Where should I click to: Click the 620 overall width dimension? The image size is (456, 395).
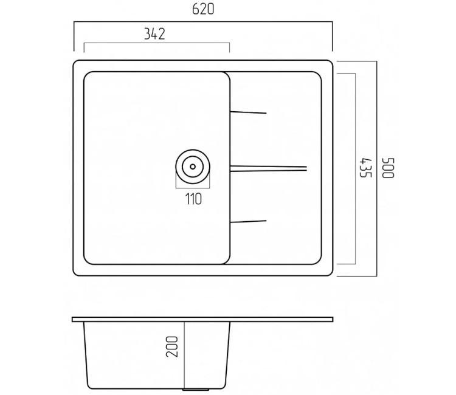[x=203, y=9]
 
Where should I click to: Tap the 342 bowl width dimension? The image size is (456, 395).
[x=154, y=34]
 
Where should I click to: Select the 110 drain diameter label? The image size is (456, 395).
[x=193, y=199]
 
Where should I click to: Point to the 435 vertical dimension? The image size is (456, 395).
[x=365, y=168]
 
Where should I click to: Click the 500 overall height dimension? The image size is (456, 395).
[x=388, y=168]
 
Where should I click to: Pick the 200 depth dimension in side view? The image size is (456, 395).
[x=171, y=347]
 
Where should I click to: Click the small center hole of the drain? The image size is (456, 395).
[x=193, y=167]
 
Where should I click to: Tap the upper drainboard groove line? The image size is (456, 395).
[x=248, y=112]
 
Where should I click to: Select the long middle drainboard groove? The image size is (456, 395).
[x=268, y=168]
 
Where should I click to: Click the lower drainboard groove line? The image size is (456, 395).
[x=248, y=221]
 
